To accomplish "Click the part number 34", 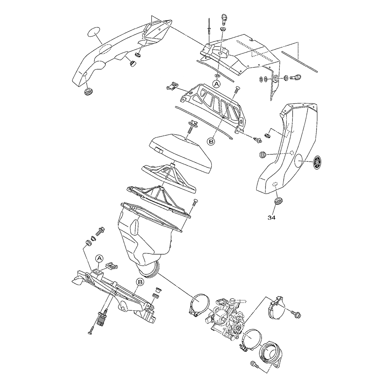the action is (x=271, y=217).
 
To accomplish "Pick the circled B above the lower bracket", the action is (x=140, y=282).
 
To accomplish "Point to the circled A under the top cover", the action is (x=216, y=84).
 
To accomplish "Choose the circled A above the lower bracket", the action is (x=99, y=259).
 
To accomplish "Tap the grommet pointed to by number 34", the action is (x=277, y=200).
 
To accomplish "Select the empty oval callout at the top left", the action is (x=94, y=33).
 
